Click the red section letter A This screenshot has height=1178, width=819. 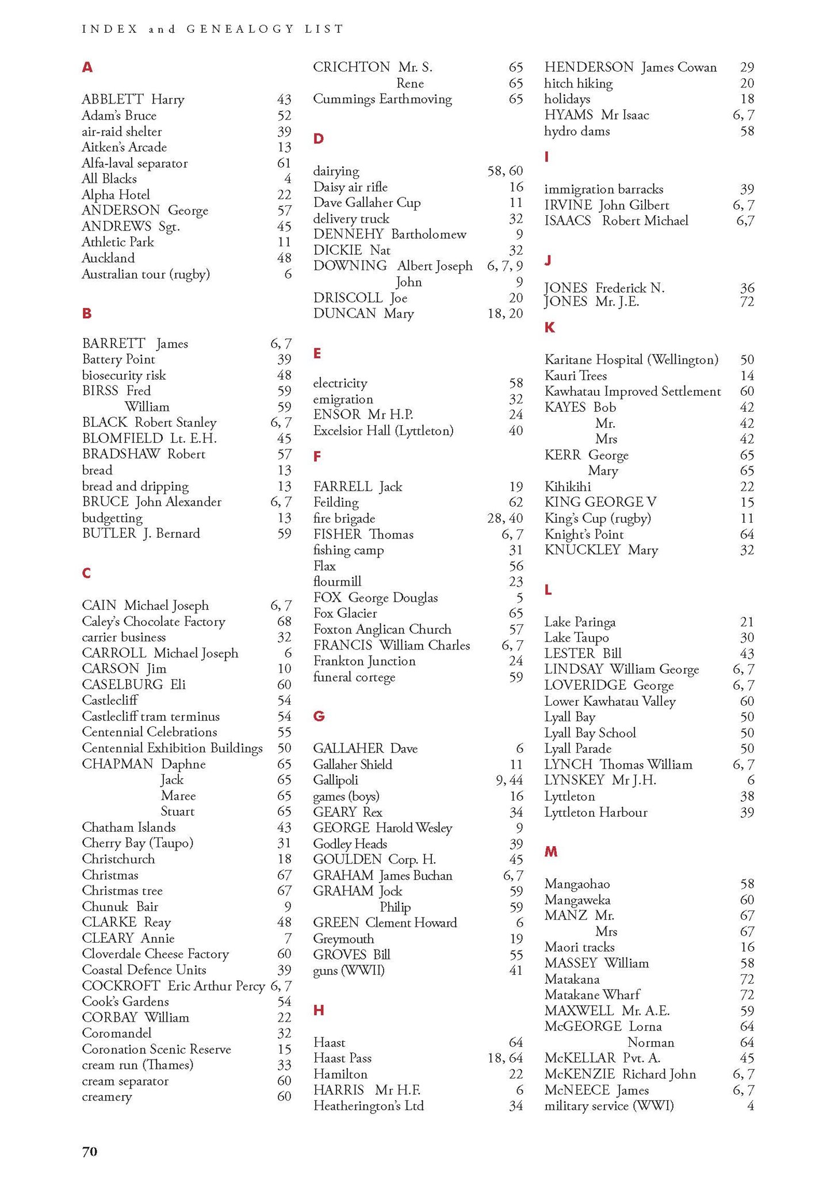coord(87,67)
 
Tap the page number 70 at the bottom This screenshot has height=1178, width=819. coord(90,1151)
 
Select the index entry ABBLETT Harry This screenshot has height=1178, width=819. coord(133,100)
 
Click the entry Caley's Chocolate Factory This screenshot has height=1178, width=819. coord(154,621)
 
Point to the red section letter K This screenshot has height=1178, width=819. coord(550,327)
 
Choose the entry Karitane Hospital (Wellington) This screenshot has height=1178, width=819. coord(631,359)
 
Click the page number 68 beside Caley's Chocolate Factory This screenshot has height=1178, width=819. coord(284,621)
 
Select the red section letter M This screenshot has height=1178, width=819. coord(551,851)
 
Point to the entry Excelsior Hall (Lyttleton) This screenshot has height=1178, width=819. coord(383,430)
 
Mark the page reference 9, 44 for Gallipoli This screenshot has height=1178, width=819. coord(509,780)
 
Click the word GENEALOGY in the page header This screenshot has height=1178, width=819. coord(240,29)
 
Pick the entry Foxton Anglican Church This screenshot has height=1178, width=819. coord(382,629)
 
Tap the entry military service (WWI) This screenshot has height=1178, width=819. coord(609,1106)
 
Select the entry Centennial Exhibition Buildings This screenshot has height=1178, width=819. coord(172,748)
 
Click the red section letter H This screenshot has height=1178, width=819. coord(319,1010)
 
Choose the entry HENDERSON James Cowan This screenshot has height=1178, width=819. coord(630,67)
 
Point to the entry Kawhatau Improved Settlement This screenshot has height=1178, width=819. coord(633,391)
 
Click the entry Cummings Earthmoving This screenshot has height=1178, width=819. coord(382,99)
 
